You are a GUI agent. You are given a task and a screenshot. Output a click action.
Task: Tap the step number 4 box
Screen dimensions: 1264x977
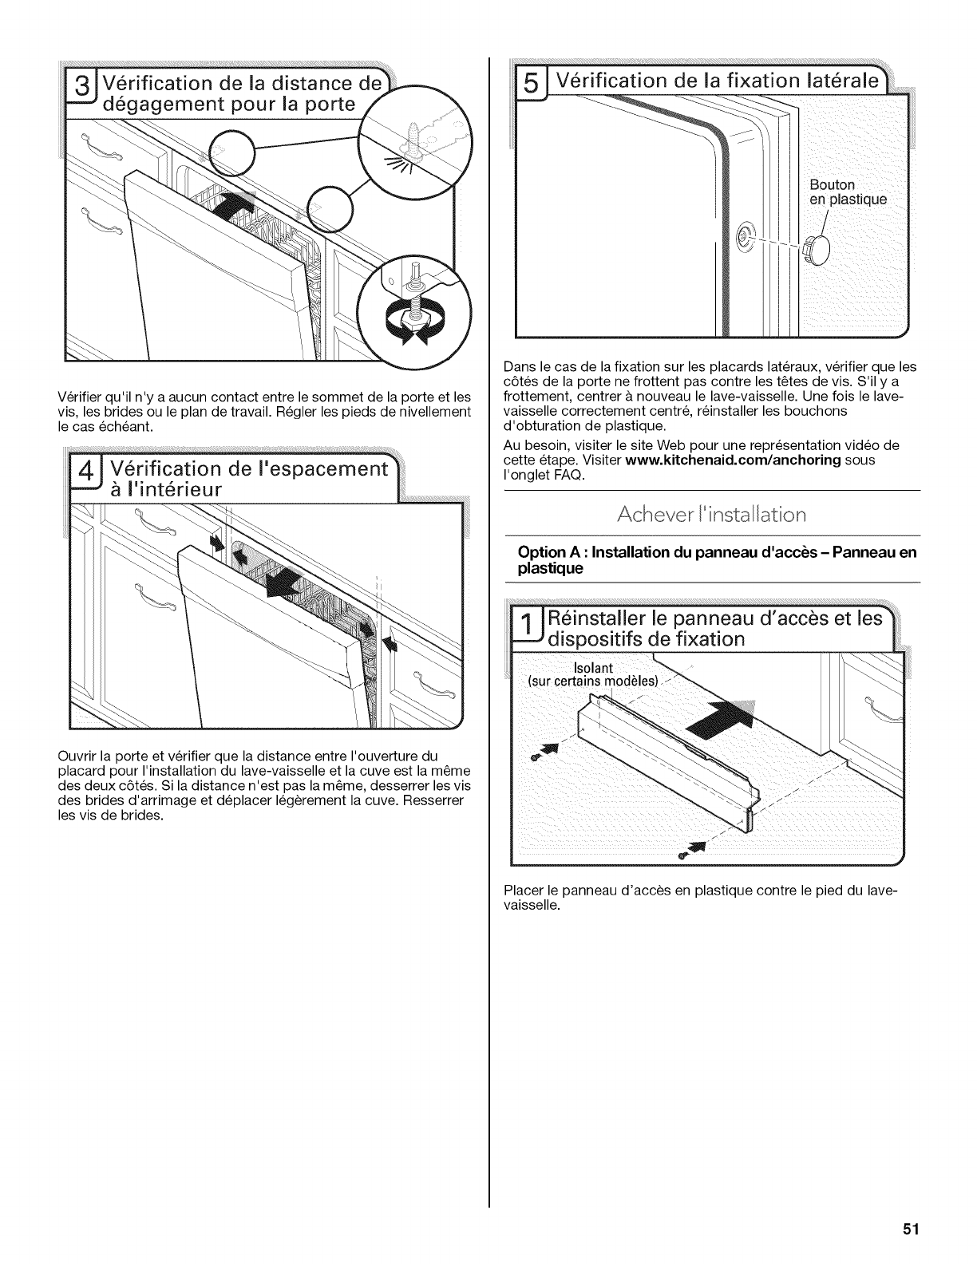81,476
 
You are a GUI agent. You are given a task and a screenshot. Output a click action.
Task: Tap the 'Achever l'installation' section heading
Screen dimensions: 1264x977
712,514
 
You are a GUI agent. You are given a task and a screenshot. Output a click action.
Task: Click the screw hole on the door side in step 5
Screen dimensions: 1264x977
745,234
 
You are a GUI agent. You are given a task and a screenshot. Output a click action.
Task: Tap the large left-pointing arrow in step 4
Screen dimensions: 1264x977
283,583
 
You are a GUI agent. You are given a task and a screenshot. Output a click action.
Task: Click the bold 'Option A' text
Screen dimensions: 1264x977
547,553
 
